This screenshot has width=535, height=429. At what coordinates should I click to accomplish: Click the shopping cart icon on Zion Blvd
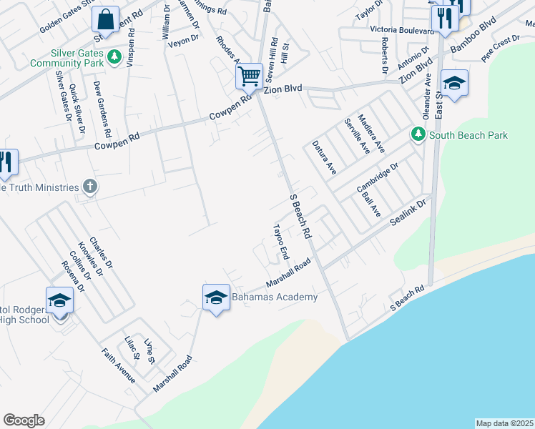coord(250,76)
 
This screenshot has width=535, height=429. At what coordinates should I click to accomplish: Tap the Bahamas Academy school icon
coord(216,298)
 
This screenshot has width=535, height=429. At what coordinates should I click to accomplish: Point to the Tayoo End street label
coord(280,242)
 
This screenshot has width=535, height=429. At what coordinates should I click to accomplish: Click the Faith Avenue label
coord(118,366)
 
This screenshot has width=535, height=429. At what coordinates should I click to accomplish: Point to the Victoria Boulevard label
coord(401,31)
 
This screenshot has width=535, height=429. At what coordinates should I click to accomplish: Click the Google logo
coord(24,420)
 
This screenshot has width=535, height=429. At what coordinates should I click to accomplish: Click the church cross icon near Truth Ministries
coord(89,187)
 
